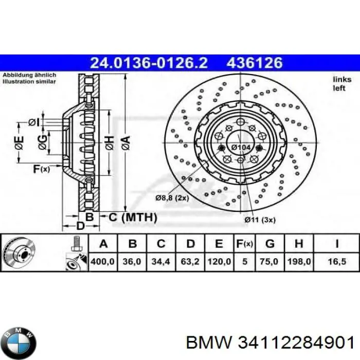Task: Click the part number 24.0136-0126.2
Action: (x=149, y=63)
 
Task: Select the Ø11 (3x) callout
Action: (x=260, y=220)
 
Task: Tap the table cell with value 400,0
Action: (x=102, y=261)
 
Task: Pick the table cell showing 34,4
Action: (x=161, y=261)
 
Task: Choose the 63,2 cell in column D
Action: (x=190, y=261)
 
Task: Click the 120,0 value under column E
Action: (x=219, y=261)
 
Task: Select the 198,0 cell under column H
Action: (x=301, y=261)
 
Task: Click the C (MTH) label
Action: (x=131, y=218)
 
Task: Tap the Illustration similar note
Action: (x=29, y=81)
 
